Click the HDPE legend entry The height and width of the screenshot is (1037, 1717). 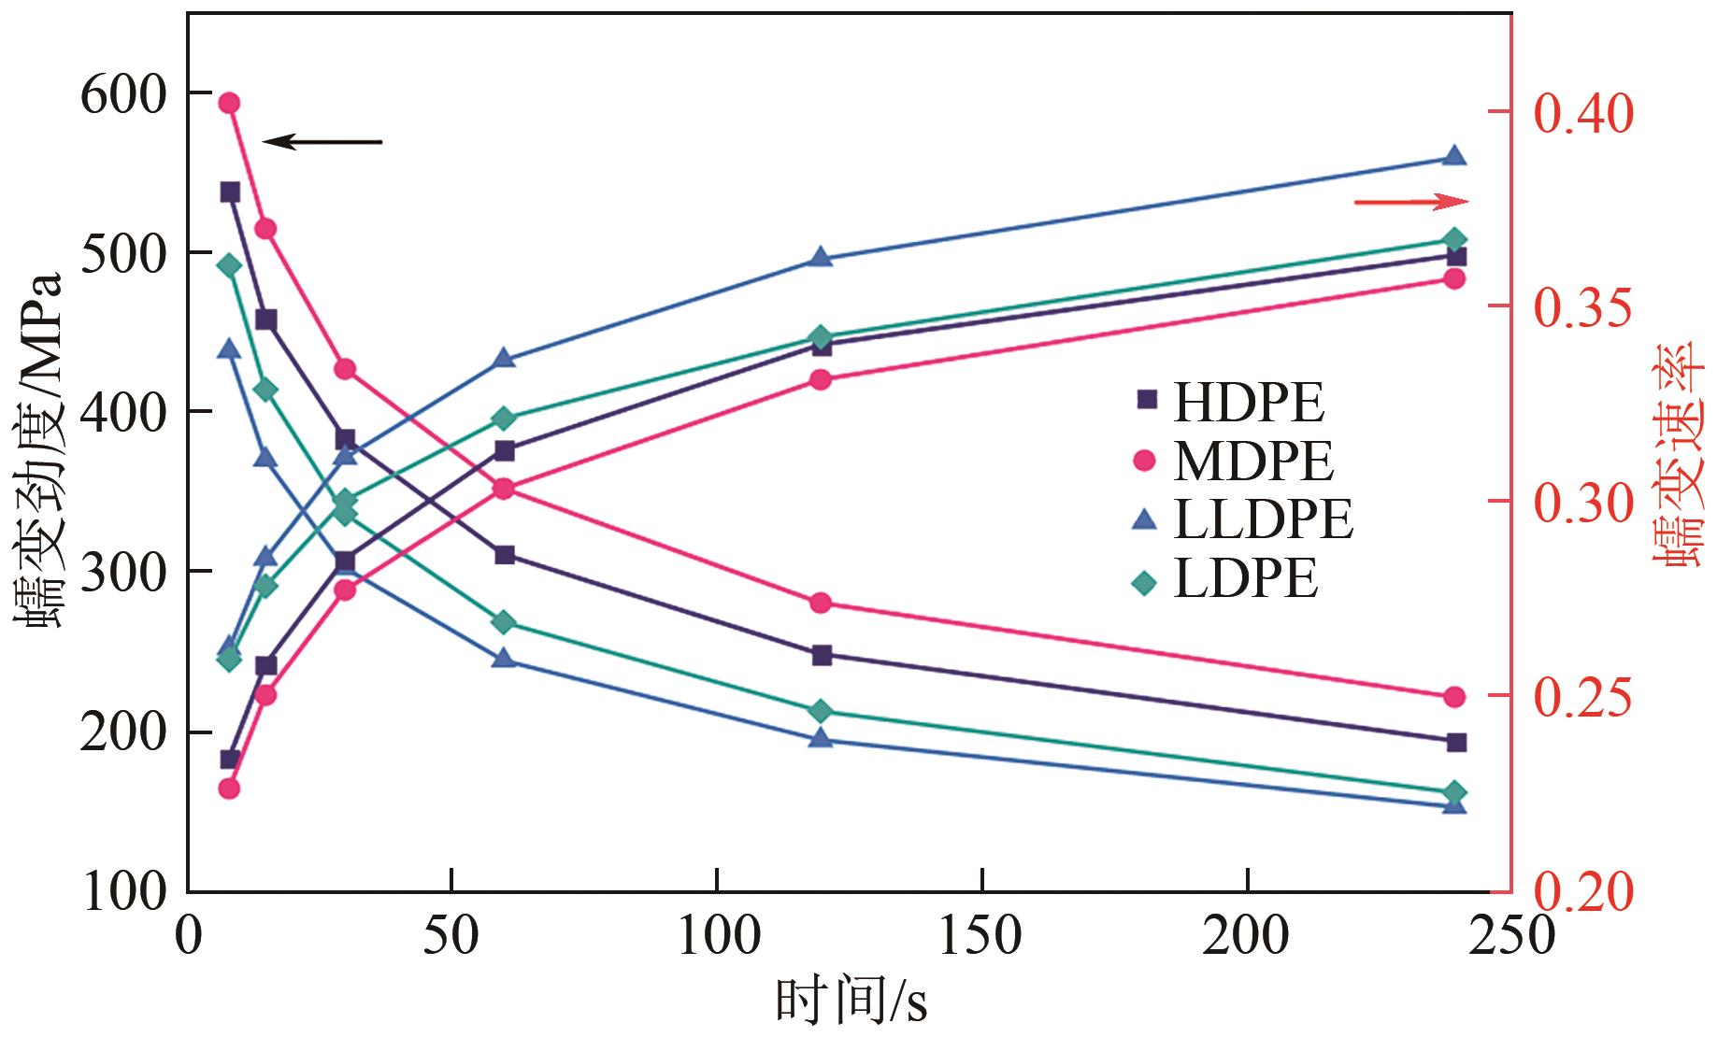click(1230, 403)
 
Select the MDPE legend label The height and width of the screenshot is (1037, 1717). click(1235, 461)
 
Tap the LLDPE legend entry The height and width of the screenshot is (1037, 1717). click(1243, 519)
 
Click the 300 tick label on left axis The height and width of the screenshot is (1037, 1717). click(122, 572)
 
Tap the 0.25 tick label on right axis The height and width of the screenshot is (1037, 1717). click(1583, 697)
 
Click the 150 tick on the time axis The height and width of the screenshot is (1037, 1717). click(981, 936)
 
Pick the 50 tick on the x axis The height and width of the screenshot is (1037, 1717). click(451, 936)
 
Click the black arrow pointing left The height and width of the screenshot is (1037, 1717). click(322, 142)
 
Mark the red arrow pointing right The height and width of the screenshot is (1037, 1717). click(1411, 202)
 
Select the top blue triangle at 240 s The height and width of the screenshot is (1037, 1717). click(1454, 156)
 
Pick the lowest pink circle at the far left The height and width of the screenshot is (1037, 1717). click(230, 788)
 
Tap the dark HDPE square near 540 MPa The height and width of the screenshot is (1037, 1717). click(230, 192)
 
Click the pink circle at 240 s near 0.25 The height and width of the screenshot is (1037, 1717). click(1454, 697)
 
